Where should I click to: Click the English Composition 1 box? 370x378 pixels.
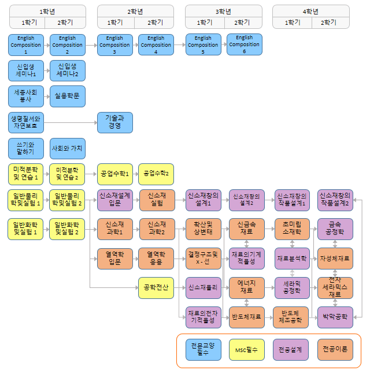26,44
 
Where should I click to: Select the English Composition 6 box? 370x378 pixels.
244,44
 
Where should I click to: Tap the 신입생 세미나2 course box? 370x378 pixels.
68,70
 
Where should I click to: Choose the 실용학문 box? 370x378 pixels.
68,96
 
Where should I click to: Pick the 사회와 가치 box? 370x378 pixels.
68,148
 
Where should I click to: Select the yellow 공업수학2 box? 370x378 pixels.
156,173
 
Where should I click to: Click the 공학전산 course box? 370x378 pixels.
156,287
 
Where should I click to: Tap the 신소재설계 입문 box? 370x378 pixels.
115,200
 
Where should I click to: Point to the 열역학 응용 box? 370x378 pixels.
156,257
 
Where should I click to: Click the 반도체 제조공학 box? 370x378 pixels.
290,316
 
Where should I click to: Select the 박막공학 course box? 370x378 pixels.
334,316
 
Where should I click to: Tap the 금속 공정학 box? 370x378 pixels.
334,229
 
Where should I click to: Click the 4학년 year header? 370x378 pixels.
311,12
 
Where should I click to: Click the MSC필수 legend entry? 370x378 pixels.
246,350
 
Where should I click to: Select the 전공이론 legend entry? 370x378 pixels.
335,350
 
